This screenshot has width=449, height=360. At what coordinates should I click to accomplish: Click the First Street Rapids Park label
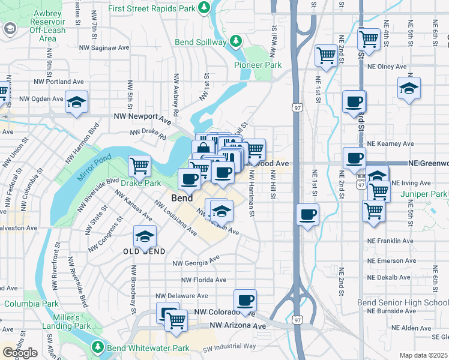(x=152, y=8)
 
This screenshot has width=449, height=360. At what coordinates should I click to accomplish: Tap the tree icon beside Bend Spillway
(x=236, y=41)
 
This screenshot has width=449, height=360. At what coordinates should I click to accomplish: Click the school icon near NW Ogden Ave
(x=77, y=103)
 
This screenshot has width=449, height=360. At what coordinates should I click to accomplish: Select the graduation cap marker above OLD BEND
(x=145, y=237)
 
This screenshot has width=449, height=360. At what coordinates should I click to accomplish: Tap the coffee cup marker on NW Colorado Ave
(x=244, y=301)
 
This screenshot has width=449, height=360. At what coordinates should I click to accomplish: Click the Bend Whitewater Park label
(x=148, y=348)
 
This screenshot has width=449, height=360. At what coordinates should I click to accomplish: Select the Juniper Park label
(x=426, y=194)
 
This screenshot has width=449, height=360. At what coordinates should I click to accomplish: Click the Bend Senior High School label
(x=403, y=302)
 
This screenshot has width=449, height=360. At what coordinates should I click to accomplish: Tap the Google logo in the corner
(x=20, y=353)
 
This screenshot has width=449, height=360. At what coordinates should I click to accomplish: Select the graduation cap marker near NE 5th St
(x=409, y=90)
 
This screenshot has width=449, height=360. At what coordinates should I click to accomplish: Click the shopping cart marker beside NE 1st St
(x=326, y=56)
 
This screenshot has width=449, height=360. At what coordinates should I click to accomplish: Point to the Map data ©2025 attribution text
(x=423, y=355)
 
